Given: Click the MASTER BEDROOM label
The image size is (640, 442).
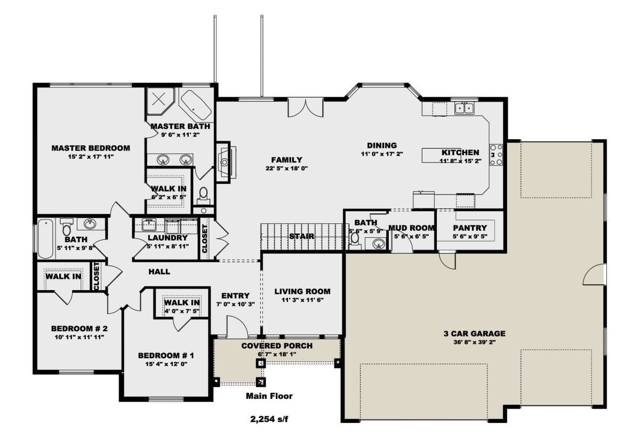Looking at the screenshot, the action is [91, 148].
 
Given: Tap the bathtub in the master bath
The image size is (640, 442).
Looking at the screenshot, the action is [196, 105].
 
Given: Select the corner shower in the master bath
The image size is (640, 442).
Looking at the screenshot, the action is [160, 101].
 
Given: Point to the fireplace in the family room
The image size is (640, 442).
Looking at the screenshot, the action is [226, 162].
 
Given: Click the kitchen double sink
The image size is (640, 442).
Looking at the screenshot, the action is [465, 108].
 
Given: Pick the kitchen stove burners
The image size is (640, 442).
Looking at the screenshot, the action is [497, 155].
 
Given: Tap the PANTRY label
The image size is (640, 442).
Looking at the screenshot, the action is [470, 228].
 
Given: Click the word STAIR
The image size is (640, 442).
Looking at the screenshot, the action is [302, 236].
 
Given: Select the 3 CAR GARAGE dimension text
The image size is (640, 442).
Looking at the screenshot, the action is [474, 342].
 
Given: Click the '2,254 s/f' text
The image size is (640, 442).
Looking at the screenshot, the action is [269, 419].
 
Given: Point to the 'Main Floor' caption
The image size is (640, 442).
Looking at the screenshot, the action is [269, 396].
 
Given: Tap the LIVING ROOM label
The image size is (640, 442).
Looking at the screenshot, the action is [302, 292].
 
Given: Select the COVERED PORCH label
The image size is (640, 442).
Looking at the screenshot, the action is [277, 345].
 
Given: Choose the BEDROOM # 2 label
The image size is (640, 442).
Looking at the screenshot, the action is [79, 328].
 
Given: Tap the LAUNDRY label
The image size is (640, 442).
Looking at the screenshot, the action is [167, 238].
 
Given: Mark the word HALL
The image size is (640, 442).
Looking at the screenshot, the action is [159, 271].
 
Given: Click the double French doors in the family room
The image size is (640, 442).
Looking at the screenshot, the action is [306, 107].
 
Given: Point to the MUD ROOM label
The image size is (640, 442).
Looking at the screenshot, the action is [411, 228].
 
